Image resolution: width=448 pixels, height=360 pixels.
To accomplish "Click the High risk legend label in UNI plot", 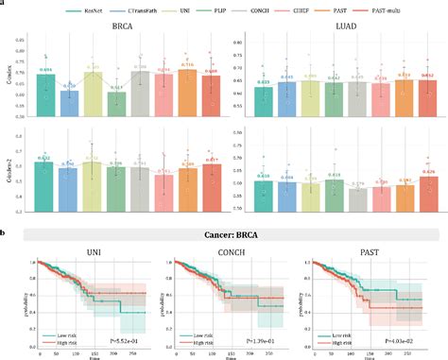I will [70, 338].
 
